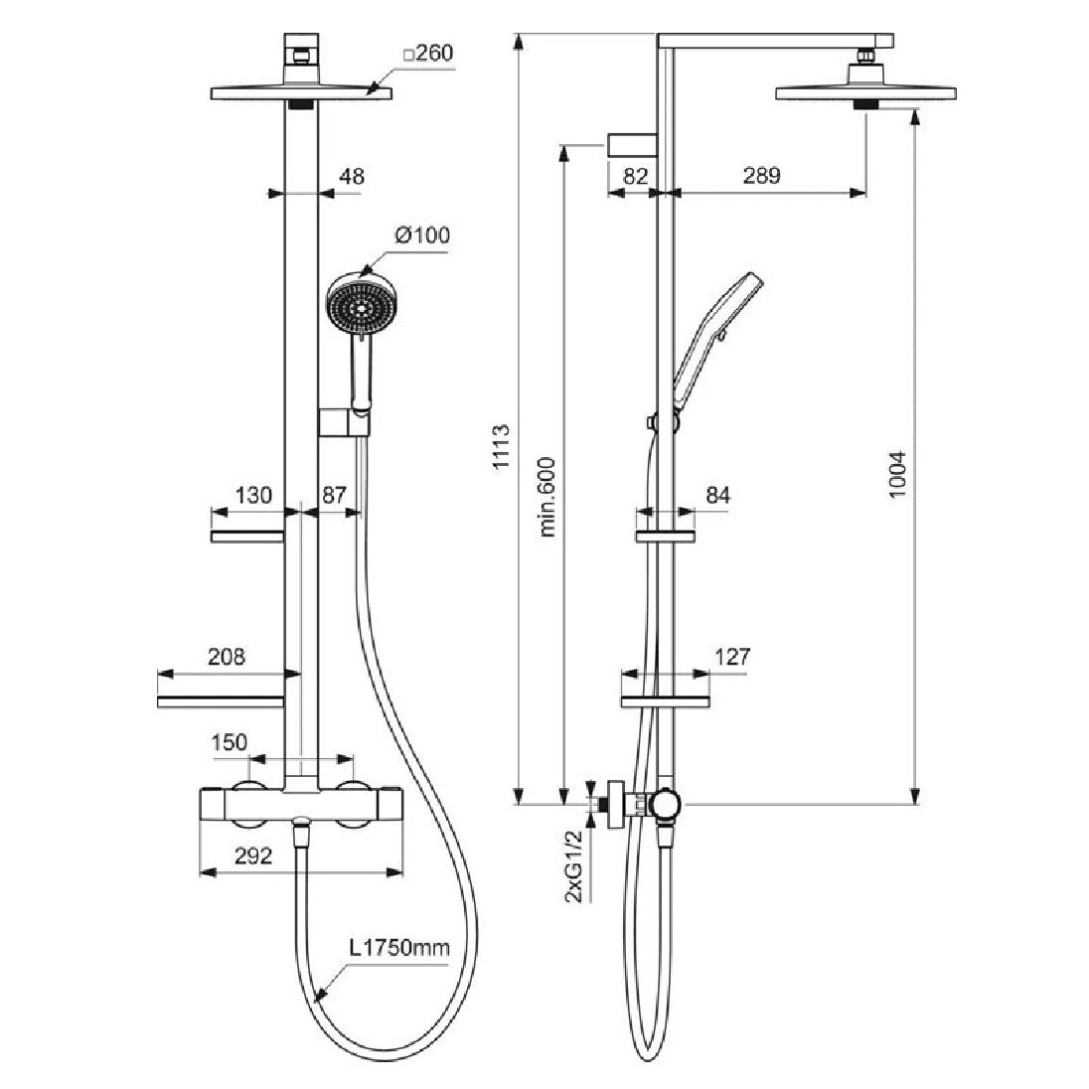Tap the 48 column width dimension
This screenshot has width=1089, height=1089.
[x=352, y=177]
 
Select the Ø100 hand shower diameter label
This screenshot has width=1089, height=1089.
[x=422, y=235]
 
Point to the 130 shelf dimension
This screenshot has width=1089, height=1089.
[x=254, y=495]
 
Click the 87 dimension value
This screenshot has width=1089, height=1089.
[x=336, y=495]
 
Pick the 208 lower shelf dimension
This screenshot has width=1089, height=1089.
[x=226, y=657]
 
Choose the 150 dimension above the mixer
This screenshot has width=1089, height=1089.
[x=230, y=743]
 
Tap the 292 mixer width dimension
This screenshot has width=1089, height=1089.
[x=253, y=856]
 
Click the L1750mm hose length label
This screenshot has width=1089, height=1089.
[x=398, y=948]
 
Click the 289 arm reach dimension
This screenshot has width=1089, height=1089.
[x=761, y=176]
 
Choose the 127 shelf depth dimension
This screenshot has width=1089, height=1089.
[x=732, y=657]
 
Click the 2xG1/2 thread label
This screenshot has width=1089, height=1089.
[x=574, y=866]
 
